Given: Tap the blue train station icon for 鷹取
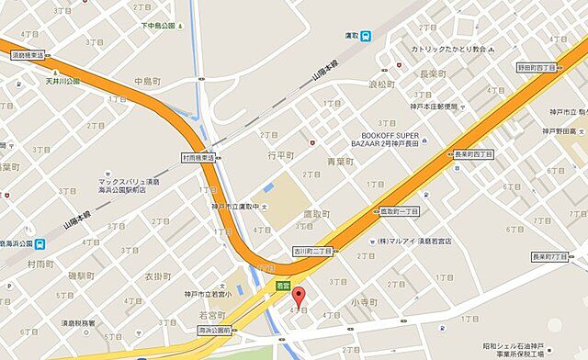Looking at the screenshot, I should point(367,36).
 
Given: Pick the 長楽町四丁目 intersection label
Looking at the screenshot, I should point(473,154).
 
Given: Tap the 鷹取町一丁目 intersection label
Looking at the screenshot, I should point(398,211).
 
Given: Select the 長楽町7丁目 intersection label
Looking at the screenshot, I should point(553,258).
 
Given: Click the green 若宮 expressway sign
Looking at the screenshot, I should point(283,287).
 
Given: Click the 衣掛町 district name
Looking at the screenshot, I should point(157,277).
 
